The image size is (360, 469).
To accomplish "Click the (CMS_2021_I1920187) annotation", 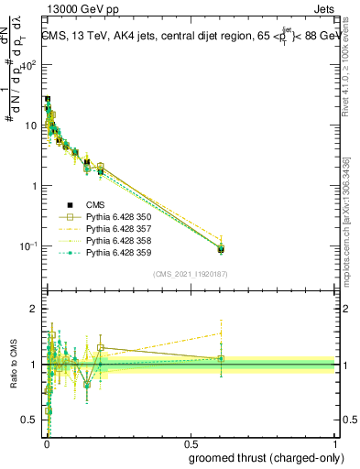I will point(191,274).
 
